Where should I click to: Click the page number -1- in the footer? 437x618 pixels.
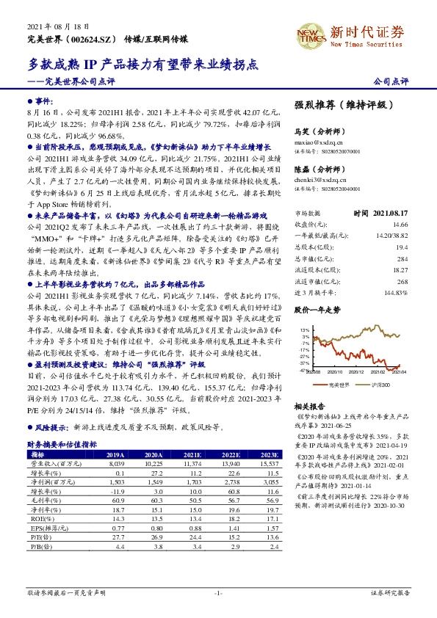[x=218, y=592]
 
